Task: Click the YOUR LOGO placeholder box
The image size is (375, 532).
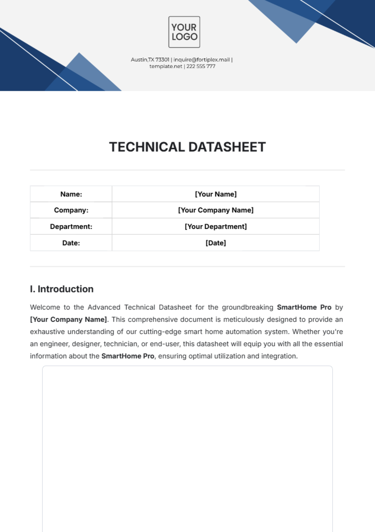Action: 184,32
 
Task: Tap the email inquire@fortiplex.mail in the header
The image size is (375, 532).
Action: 202,60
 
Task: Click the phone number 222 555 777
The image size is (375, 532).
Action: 201,66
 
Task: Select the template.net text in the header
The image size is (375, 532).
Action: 166,66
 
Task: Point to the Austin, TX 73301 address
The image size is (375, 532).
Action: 150,60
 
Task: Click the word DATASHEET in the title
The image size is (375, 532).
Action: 227,147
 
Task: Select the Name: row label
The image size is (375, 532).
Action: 71,194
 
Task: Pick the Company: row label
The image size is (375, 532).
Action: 71,210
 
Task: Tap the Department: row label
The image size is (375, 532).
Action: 71,226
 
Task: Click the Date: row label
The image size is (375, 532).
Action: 71,243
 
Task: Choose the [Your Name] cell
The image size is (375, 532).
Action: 216,194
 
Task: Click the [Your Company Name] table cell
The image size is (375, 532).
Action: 216,210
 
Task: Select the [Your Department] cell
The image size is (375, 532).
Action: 216,226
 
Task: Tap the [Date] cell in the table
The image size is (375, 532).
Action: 216,243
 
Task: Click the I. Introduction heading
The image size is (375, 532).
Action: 62,289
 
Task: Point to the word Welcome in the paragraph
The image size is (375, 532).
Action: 45,307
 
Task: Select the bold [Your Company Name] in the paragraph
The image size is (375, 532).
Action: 68,319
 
